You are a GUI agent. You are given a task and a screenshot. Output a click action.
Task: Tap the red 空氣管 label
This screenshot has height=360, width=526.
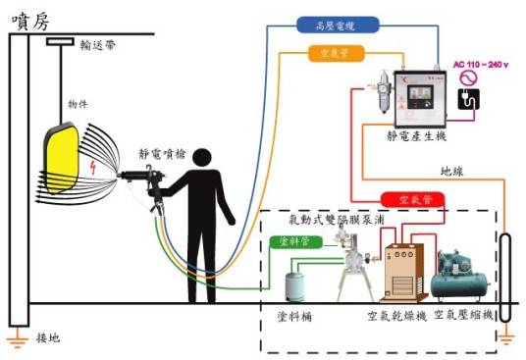(x=412, y=200)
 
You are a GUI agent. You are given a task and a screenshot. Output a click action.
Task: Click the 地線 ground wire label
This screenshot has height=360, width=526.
(x=453, y=172)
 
